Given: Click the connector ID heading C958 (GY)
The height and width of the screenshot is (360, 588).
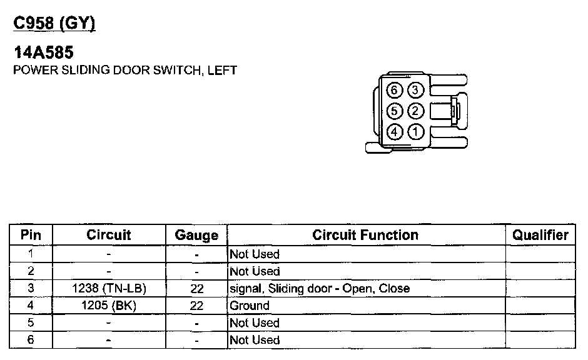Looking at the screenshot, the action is (54, 23).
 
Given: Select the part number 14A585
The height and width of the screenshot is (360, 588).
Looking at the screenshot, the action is (43, 53).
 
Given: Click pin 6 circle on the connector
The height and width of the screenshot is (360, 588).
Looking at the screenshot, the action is (394, 90).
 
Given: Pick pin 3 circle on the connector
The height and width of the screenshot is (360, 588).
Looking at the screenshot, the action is (415, 90).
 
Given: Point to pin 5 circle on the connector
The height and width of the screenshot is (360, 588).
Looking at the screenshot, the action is (394, 111).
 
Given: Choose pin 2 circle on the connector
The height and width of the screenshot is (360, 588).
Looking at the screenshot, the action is (415, 111).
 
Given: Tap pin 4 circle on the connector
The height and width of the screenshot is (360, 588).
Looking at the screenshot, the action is (394, 132).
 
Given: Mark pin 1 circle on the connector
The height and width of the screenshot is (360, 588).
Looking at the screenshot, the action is (415, 132).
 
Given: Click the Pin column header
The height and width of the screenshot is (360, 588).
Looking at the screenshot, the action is (31, 235).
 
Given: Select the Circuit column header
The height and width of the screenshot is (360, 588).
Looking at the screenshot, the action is (109, 235).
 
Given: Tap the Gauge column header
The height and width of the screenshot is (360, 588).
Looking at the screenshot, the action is (196, 236).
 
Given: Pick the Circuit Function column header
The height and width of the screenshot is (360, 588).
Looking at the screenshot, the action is (365, 235).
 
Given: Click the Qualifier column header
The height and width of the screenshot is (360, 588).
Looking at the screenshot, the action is (540, 235).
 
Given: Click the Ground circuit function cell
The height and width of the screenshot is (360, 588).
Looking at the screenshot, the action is (250, 306).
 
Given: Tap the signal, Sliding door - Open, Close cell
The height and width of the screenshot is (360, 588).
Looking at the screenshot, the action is (320, 289).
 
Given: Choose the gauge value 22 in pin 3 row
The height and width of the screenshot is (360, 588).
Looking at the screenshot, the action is (196, 289).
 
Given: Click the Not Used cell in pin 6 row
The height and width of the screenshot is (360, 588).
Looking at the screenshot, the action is (255, 340).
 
